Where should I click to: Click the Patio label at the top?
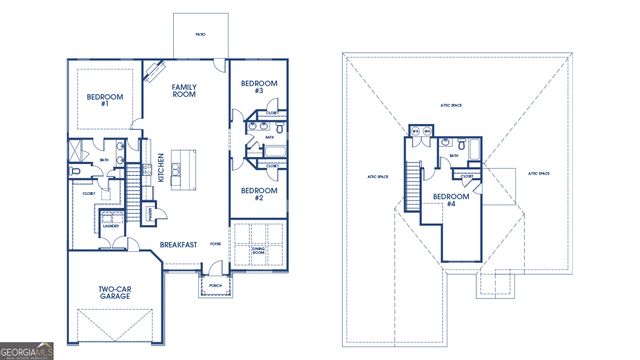pyautogui.click(x=200, y=34)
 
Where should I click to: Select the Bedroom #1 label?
pyautogui.click(x=97, y=99)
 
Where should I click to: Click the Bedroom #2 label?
pyautogui.click(x=258, y=193)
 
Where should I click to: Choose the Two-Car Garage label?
pyautogui.click(x=116, y=294)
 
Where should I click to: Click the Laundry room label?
pyautogui.click(x=111, y=226)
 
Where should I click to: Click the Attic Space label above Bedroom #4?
pyautogui.click(x=450, y=103)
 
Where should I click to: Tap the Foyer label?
pyautogui.click(x=214, y=243)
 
